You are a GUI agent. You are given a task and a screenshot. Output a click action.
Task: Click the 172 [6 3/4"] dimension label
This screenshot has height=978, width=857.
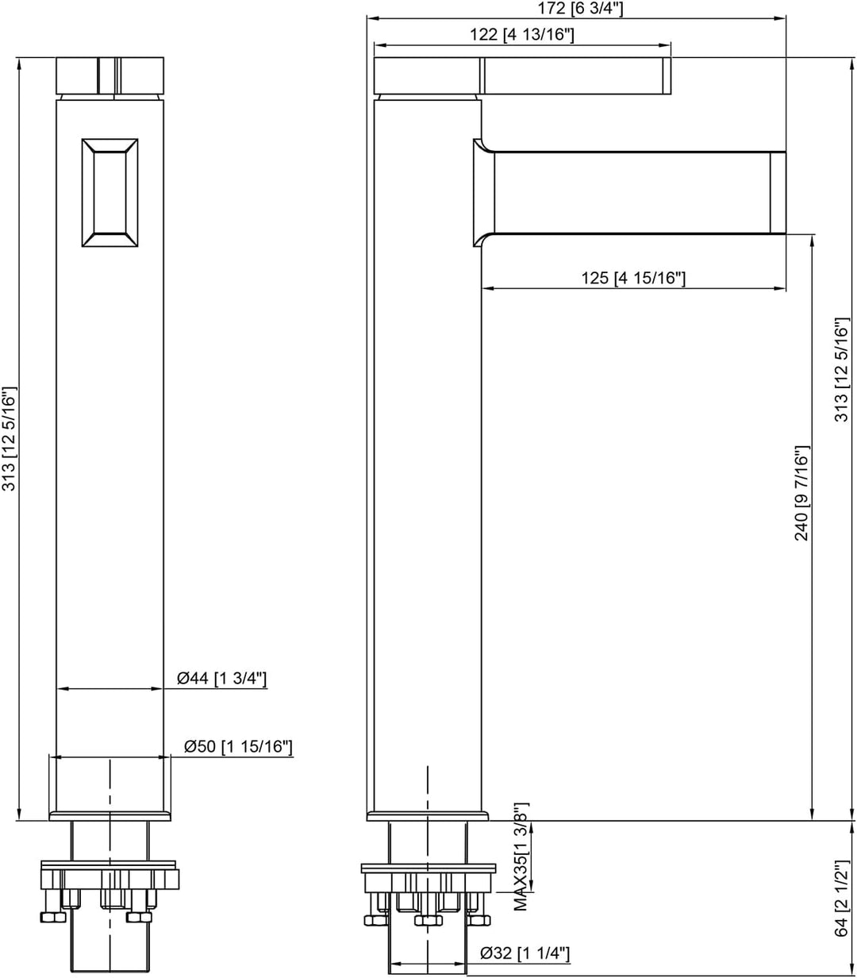tap(580, 9)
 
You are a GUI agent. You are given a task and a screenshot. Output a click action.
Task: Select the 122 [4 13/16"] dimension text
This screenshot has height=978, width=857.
tap(522, 35)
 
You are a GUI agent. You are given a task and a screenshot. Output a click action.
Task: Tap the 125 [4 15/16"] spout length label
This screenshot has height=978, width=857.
tap(633, 278)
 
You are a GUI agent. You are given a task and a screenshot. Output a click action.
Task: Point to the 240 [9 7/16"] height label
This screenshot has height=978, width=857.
tap(801, 493)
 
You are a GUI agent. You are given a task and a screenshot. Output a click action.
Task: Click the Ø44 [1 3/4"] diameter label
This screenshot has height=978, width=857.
tap(221, 678)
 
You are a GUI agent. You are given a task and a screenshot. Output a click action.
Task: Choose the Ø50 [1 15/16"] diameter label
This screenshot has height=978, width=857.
tap(238, 746)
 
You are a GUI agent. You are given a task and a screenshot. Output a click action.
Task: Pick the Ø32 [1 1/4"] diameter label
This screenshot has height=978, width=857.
tap(525, 953)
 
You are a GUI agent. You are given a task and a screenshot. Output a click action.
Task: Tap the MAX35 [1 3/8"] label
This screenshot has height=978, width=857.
tap(521, 857)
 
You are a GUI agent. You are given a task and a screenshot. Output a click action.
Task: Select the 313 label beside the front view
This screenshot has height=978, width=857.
tap(9, 438)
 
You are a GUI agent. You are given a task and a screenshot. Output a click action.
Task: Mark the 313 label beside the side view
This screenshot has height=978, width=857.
tap(841, 370)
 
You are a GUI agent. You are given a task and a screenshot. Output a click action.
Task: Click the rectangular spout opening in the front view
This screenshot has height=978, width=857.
tap(110, 193)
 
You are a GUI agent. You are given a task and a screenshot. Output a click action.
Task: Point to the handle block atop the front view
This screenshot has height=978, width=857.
tap(110, 75)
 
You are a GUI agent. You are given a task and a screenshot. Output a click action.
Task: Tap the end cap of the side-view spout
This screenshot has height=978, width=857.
tap(778, 193)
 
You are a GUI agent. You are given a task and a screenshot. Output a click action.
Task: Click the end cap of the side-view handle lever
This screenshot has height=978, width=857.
tap(667, 75)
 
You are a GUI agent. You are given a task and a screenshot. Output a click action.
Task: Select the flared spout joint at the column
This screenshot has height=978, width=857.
tap(484, 193)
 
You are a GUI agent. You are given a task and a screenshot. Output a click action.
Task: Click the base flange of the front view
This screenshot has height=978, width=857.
tap(110, 816)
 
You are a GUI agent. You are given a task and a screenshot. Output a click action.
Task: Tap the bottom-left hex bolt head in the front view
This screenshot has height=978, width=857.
tap(53, 917)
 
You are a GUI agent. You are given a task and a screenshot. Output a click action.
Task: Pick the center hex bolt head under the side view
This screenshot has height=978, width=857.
tap(428, 921)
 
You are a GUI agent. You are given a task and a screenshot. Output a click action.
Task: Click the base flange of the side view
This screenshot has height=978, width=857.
tap(428, 816)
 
